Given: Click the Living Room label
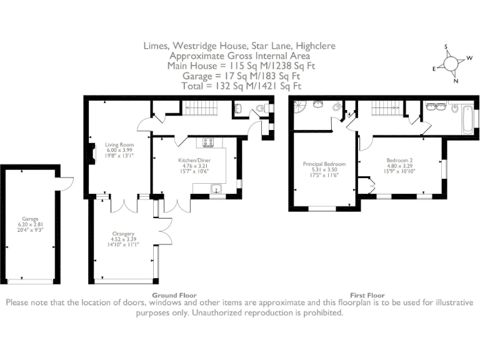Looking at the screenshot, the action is click(119, 145).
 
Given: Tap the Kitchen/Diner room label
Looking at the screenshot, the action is click(194, 161).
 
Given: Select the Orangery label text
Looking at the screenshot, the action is click(123, 234).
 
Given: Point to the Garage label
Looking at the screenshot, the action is click(30, 219).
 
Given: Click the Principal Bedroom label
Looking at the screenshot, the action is click(324, 164).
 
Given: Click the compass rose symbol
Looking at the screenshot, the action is click(451, 64).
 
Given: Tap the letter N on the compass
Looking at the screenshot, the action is click(456, 81).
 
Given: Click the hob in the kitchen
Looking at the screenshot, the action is click(208, 142).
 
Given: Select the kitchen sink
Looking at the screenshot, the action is click(217, 189).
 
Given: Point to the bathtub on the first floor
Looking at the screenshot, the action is click(467, 119).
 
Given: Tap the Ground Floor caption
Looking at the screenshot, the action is click(174, 296).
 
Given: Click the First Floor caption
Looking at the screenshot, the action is click(367, 296).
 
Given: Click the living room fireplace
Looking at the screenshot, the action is click(92, 153).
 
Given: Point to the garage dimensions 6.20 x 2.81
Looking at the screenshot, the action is click(30, 224).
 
